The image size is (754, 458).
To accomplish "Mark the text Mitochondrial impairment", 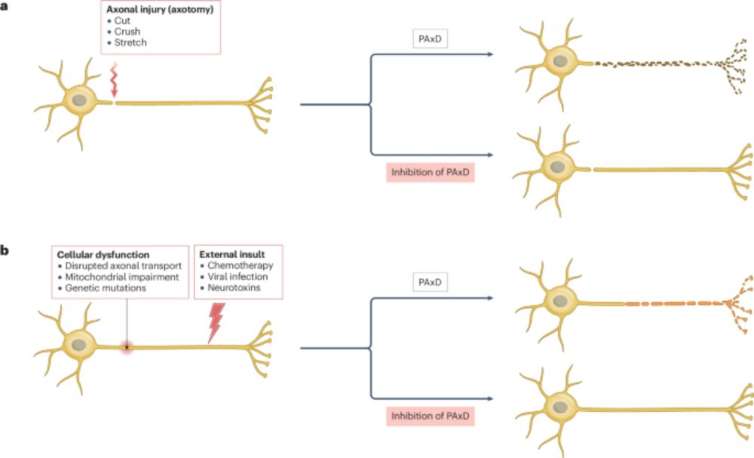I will tap(121, 277).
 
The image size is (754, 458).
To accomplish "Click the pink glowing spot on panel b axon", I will tap(127, 347).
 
